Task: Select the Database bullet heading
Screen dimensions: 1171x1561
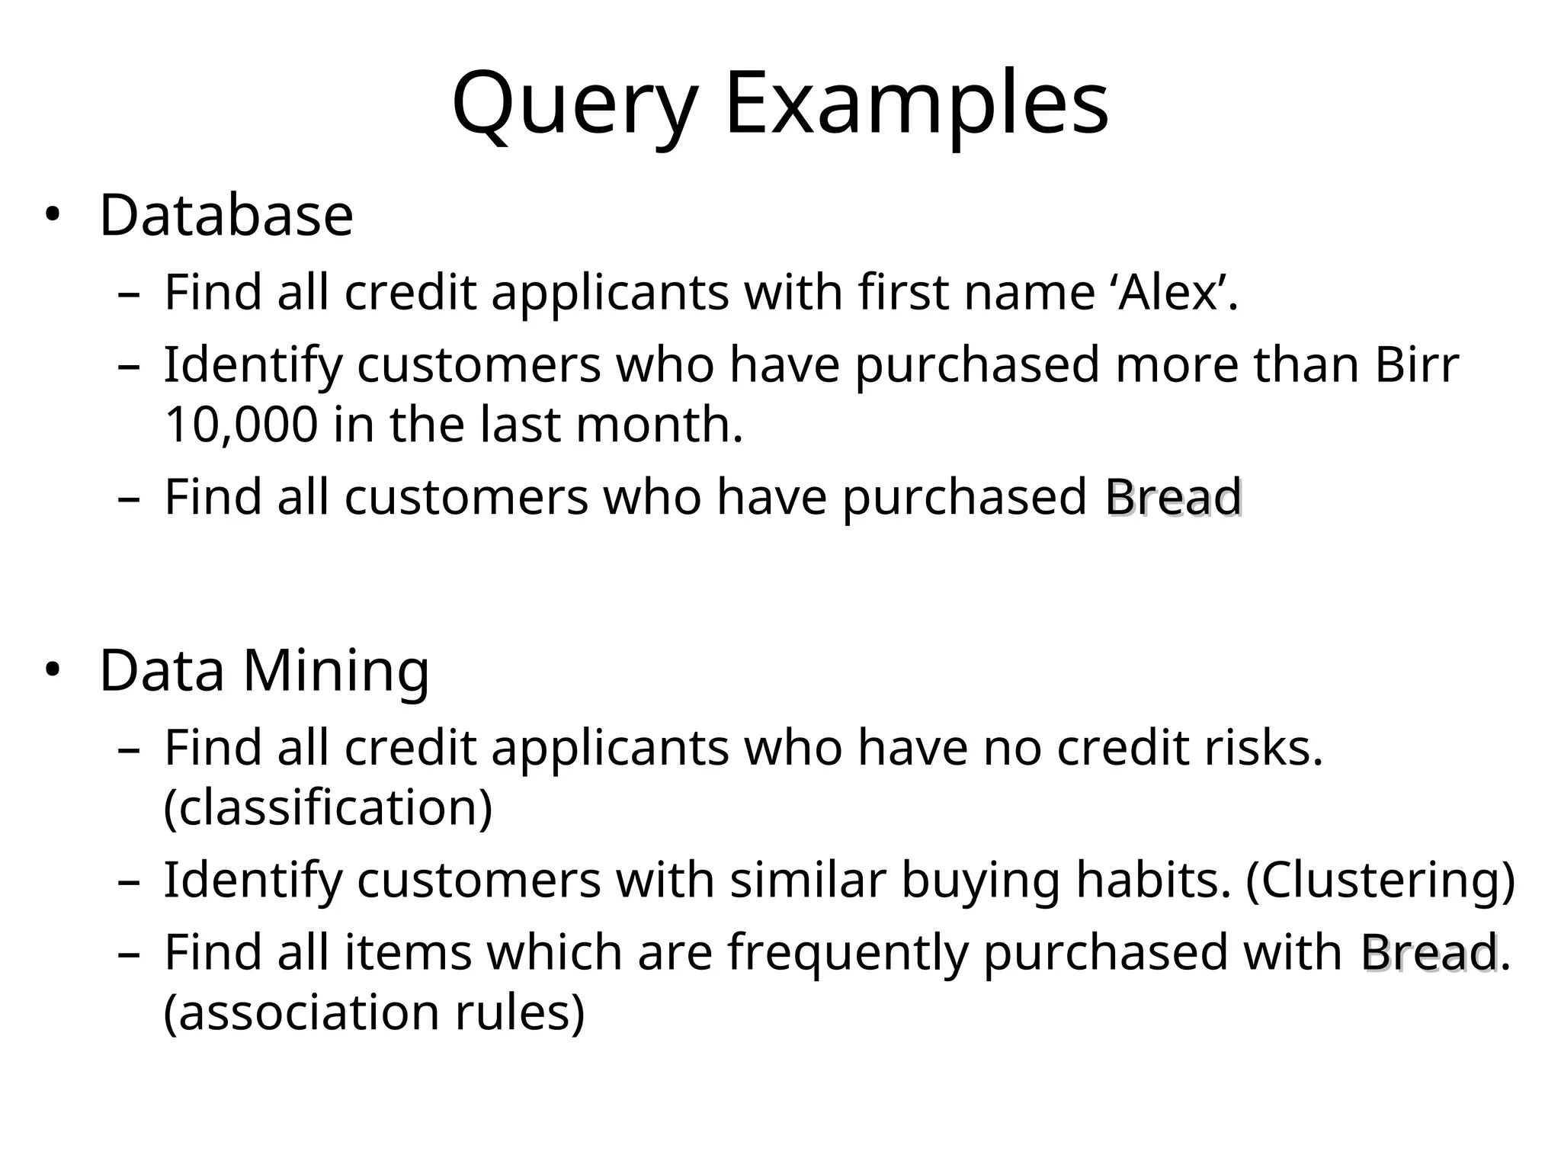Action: pos(226,216)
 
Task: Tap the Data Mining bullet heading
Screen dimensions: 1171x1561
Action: pos(264,671)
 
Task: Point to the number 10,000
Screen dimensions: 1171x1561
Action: pos(241,425)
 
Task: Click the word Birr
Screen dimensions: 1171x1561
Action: pos(1417,365)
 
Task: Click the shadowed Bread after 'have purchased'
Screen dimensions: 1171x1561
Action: pos(1175,498)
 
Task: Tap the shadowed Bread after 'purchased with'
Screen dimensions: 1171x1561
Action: pos(1430,953)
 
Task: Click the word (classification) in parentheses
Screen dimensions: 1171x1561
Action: pos(329,807)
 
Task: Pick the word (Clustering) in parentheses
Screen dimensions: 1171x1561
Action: pos(1380,881)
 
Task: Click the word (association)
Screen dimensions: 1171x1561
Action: pos(302,1012)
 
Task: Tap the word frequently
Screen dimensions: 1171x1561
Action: pos(848,953)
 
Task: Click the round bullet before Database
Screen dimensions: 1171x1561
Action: pos(52,216)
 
